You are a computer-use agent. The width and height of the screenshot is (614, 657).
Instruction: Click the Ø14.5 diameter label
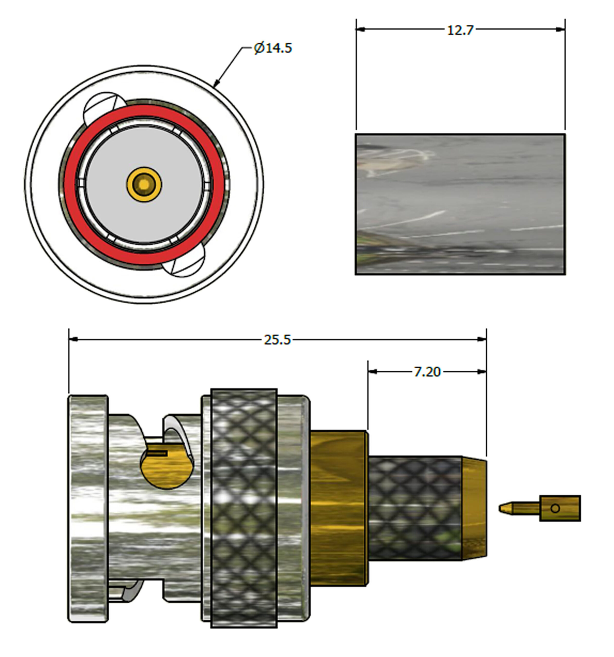(273, 48)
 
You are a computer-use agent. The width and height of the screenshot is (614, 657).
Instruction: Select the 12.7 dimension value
(460, 30)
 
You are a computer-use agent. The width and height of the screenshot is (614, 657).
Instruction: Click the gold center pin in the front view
(144, 185)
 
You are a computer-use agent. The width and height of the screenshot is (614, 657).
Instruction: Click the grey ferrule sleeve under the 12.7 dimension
(460, 204)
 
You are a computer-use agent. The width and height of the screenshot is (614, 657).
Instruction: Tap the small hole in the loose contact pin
(555, 508)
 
